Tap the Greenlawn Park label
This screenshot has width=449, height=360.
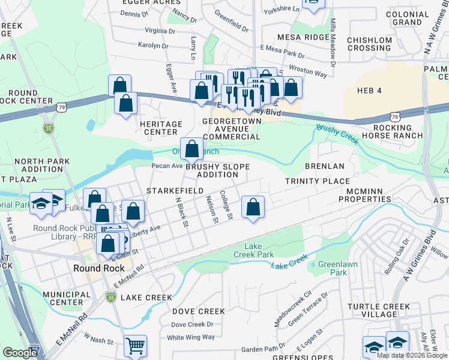332,268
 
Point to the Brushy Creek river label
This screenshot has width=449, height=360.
337,134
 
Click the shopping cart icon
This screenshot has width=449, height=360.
136,346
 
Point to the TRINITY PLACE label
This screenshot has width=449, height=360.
317,181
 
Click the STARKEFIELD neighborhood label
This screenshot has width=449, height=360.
167,190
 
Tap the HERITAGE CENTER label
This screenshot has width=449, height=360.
161,128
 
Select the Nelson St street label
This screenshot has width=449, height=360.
212,209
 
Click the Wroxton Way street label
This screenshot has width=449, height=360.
308,71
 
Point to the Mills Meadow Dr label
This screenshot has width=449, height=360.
332,41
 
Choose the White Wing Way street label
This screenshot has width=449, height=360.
190,337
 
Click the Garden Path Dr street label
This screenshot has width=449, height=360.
264,349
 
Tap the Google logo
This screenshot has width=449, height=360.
20,353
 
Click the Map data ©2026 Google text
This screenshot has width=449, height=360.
412,355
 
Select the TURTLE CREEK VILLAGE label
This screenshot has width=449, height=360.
380,311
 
